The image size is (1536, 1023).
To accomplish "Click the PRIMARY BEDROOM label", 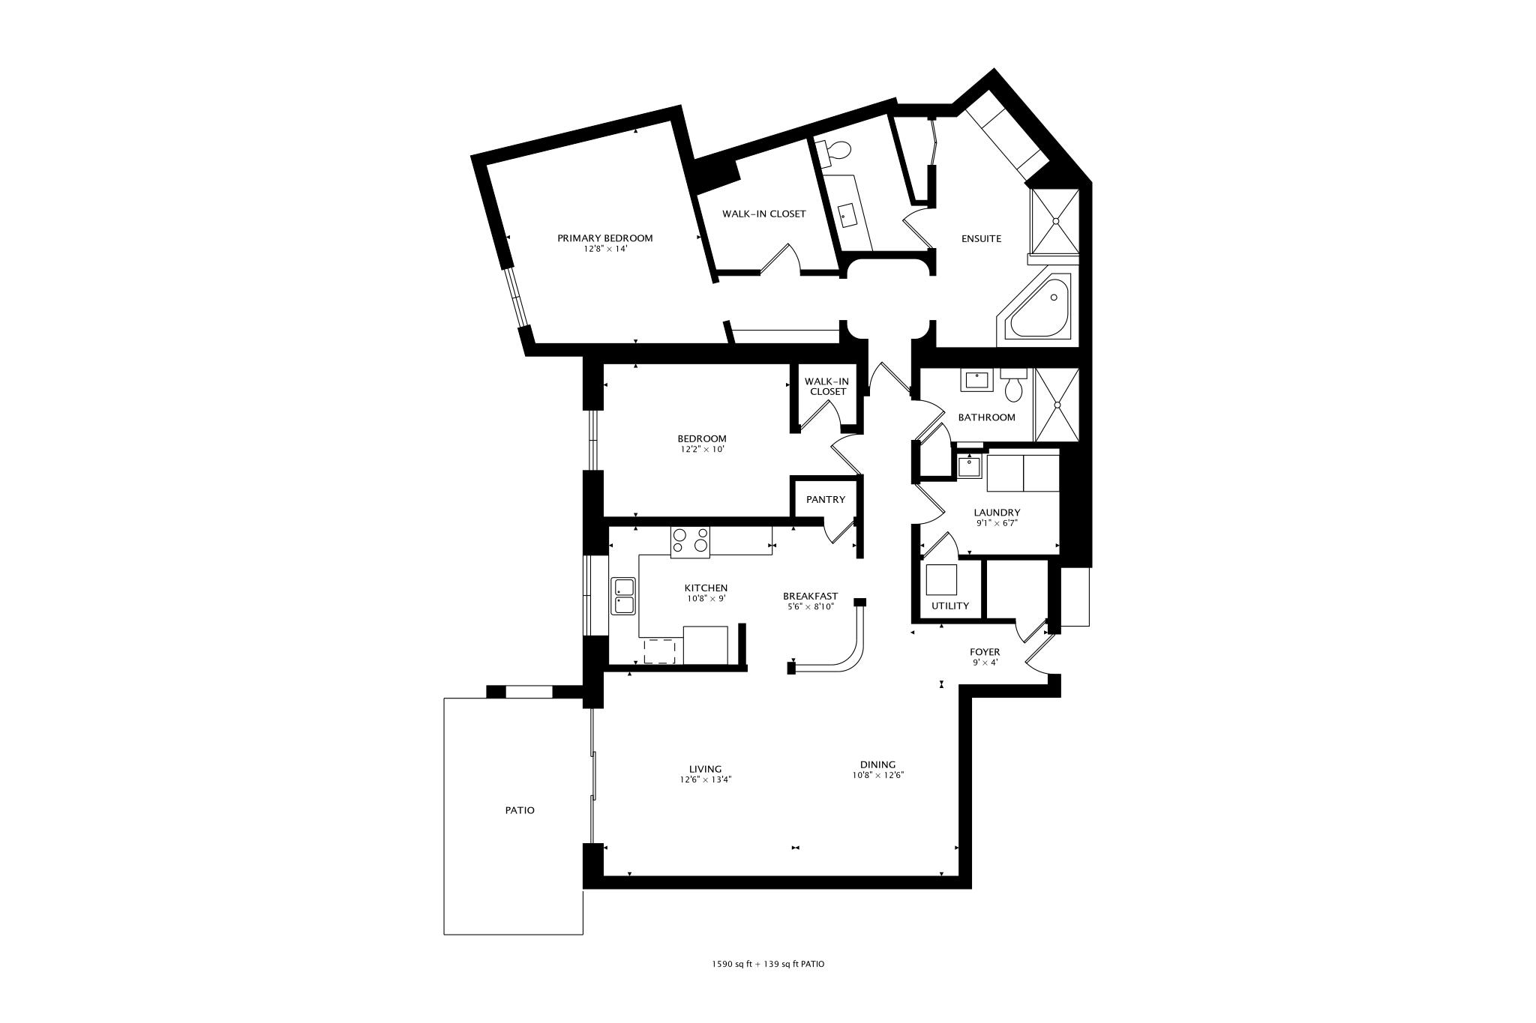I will (604, 238).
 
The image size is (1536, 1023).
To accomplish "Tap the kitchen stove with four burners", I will (690, 542).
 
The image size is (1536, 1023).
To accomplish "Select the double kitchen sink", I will (623, 596).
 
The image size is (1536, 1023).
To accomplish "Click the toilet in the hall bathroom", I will (1013, 387).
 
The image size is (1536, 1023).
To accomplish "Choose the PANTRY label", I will (825, 500).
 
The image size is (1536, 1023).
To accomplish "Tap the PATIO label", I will (519, 810).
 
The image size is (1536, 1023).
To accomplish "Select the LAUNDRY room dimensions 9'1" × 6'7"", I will (997, 523).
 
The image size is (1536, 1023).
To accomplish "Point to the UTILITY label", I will (950, 606).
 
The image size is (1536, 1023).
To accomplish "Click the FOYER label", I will (985, 652).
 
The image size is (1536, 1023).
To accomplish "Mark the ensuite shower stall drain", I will (1056, 220).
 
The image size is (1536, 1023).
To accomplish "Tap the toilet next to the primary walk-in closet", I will (838, 151).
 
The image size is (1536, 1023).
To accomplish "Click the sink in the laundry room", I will (970, 466).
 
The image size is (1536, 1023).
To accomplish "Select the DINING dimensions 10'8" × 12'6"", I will (877, 776).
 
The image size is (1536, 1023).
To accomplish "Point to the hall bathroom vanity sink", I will (976, 381).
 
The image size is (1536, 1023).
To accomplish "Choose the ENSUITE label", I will (981, 239).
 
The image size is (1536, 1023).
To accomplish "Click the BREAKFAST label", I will (810, 597).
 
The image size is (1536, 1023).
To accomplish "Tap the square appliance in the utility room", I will (942, 580).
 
